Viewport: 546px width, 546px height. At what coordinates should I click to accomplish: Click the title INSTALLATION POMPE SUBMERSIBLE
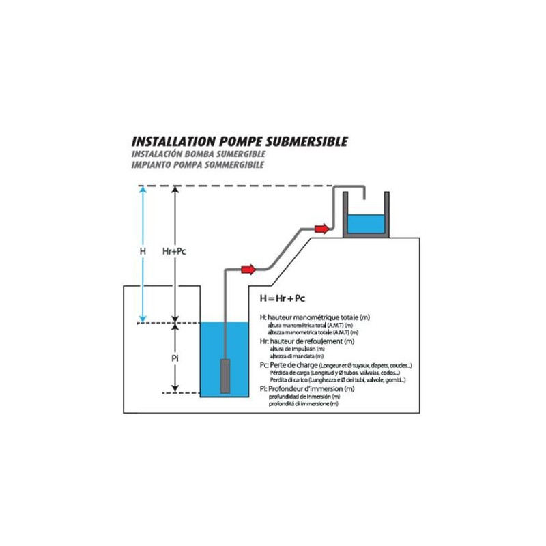[x=239, y=141]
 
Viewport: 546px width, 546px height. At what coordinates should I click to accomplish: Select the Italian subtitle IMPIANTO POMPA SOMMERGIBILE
[x=197, y=164]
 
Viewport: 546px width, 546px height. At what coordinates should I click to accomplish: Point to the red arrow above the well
[x=248, y=269]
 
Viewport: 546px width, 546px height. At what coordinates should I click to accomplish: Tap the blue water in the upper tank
[x=365, y=224]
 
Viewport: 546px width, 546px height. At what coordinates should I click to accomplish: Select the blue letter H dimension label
[x=143, y=251]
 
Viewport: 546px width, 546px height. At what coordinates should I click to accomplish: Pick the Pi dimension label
[x=175, y=358]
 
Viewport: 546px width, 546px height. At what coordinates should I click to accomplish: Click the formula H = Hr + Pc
[x=283, y=299]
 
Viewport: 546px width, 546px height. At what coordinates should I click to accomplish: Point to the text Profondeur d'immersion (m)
[x=312, y=389]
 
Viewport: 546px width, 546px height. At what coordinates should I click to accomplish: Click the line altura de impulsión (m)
[x=296, y=348]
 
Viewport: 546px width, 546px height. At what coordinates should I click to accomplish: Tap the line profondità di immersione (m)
[x=304, y=404]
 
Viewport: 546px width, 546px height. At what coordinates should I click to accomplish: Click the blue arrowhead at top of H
[x=143, y=190]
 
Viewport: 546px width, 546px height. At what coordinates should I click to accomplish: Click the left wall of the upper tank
[x=345, y=213]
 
